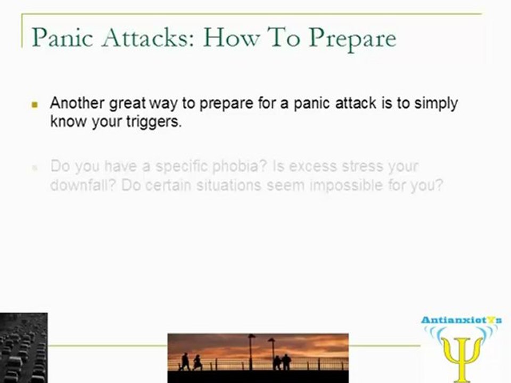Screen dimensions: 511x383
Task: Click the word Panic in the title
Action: (62, 37)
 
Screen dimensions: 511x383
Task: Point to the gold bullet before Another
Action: (35, 105)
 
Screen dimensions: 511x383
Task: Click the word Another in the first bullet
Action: (78, 103)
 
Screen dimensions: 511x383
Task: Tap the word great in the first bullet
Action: (127, 104)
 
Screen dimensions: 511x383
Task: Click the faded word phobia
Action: (240, 166)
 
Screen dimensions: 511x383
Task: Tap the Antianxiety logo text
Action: (461, 320)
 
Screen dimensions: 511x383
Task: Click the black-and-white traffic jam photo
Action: (24, 348)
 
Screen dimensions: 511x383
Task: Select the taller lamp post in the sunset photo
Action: (251, 352)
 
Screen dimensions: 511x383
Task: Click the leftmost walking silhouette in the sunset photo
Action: (185, 362)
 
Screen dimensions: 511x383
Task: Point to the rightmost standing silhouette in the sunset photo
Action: (286, 362)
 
